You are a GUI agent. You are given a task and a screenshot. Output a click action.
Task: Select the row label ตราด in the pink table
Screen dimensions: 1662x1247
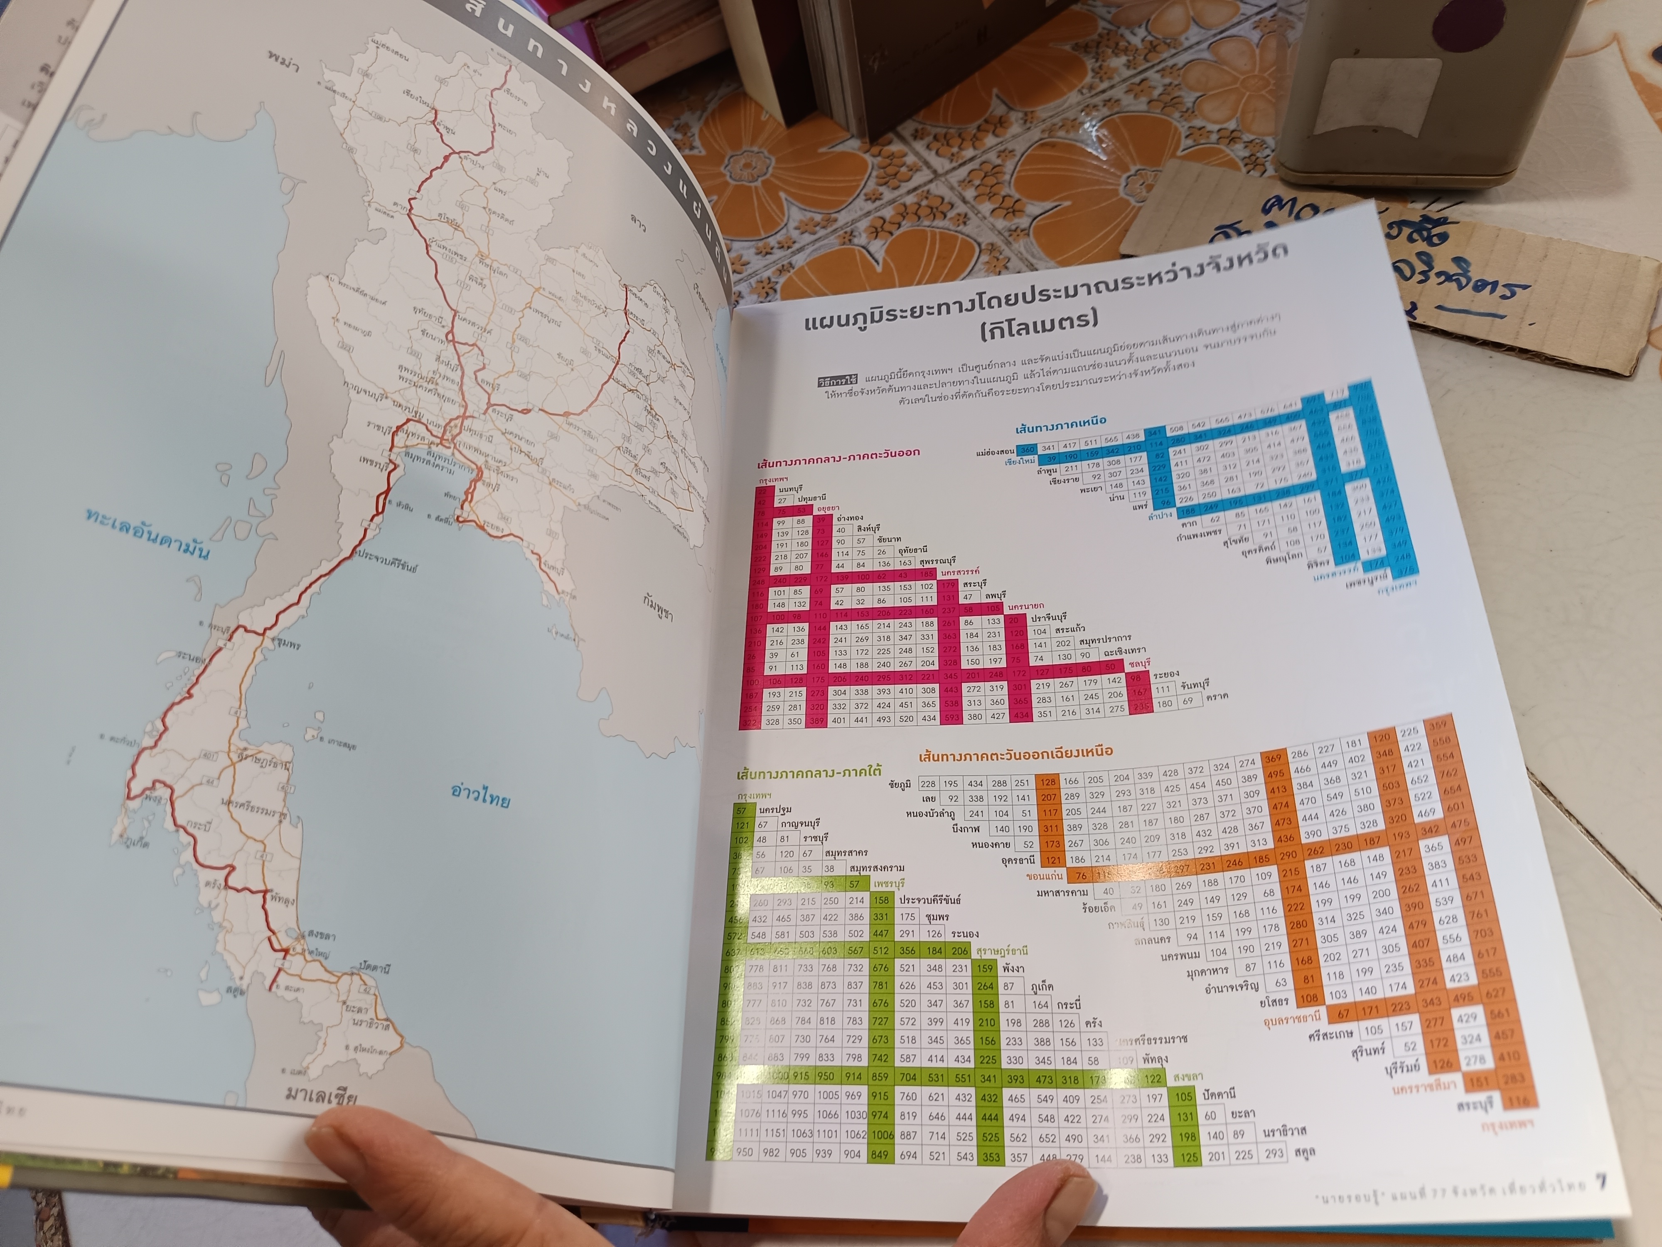point(1217,696)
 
